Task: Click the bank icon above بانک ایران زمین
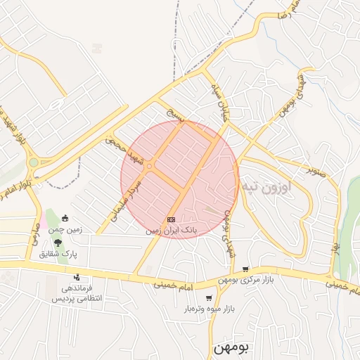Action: (x=171, y=220)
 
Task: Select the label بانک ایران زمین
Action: (x=172, y=230)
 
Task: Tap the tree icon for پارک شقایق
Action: (x=58, y=243)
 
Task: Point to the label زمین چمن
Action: (x=65, y=229)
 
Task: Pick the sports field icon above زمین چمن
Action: (x=65, y=217)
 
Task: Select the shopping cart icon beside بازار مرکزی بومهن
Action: (x=245, y=269)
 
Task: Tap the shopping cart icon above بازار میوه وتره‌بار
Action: (x=209, y=298)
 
